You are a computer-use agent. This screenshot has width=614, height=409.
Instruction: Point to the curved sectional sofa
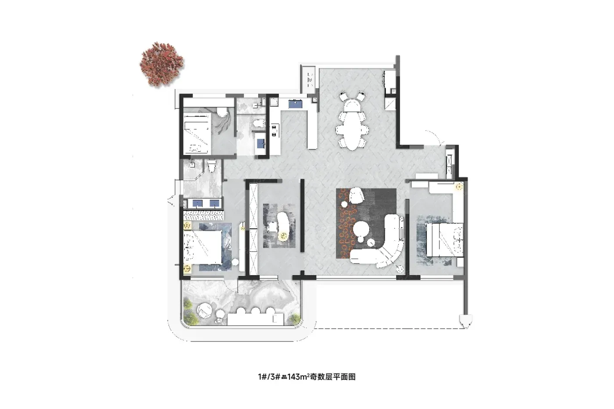[x=384, y=246]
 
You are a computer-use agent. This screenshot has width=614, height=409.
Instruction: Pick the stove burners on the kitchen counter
[x=274, y=130]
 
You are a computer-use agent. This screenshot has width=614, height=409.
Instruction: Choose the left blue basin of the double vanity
[x=197, y=203]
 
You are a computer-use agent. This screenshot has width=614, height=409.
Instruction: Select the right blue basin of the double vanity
[x=214, y=203]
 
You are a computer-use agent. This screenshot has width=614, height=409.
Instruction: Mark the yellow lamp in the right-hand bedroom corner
[x=459, y=187]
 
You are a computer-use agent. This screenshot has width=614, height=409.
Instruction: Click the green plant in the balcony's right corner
[x=295, y=318]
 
